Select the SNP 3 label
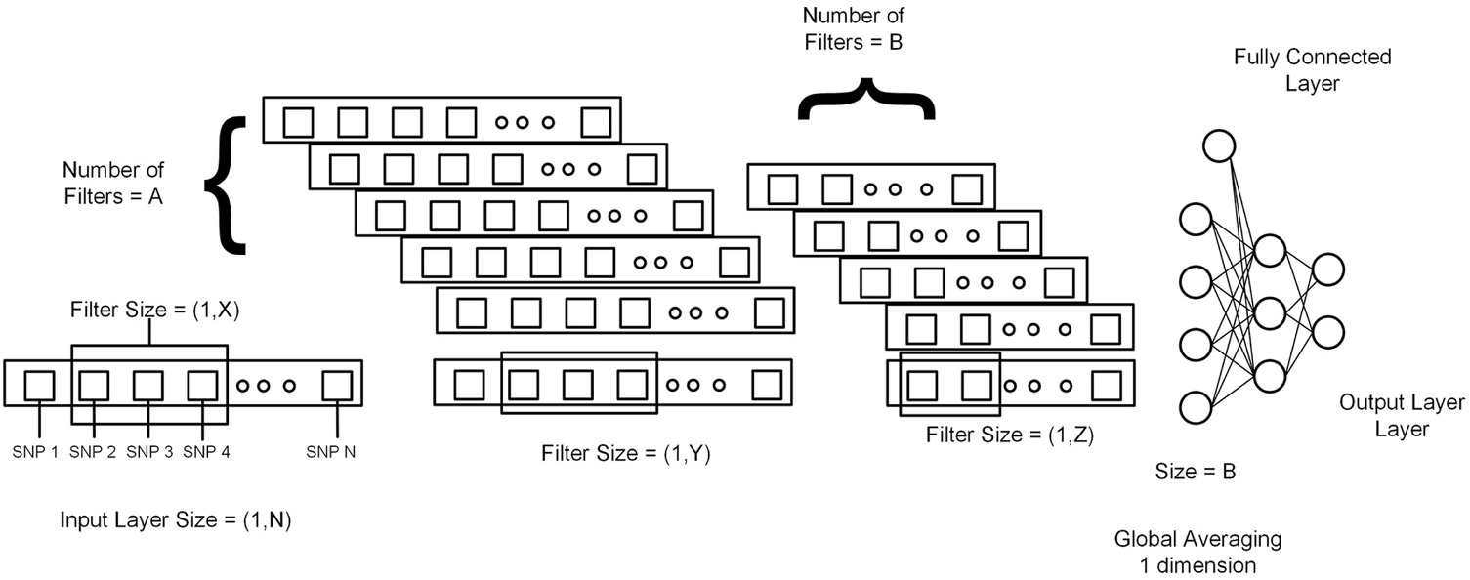point(148,452)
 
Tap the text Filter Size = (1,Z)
point(1009,435)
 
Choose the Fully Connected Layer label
point(1312,70)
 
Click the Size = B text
point(1195,473)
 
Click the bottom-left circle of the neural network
point(1197,405)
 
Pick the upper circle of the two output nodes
point(1328,269)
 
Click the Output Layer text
point(1387,402)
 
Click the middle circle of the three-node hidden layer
point(1269,313)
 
